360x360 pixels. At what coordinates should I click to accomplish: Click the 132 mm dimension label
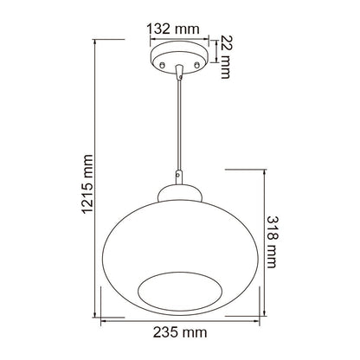coord(173,29)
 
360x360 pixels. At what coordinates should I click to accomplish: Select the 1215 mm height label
coord(87,184)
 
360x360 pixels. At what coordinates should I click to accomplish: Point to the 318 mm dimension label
coord(272,242)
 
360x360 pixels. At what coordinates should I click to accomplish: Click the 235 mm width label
coord(180,332)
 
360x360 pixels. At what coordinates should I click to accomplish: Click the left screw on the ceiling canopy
coord(162,65)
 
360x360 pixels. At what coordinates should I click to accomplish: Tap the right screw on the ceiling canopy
coord(197,65)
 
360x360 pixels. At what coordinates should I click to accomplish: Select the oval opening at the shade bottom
coord(180,292)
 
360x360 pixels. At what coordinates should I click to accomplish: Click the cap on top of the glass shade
coord(179,193)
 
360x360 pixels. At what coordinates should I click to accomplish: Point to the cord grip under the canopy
coord(179,72)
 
